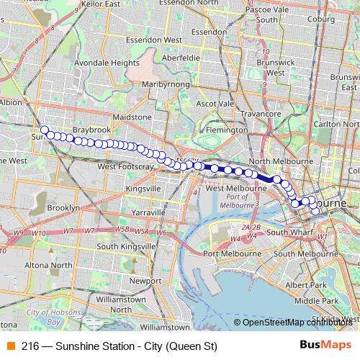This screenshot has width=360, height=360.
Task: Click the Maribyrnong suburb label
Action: coord(164,84)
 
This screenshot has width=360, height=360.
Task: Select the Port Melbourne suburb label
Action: coord(231,253)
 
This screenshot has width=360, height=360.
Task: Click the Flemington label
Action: coord(226,130)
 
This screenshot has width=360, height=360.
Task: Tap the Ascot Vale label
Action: coord(216,104)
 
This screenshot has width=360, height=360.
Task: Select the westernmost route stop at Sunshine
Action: coord(45,130)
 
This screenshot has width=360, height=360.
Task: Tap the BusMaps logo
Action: coord(325,345)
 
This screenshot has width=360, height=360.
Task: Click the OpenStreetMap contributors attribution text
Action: coord(295,322)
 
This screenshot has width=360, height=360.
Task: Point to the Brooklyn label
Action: coord(63,207)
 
